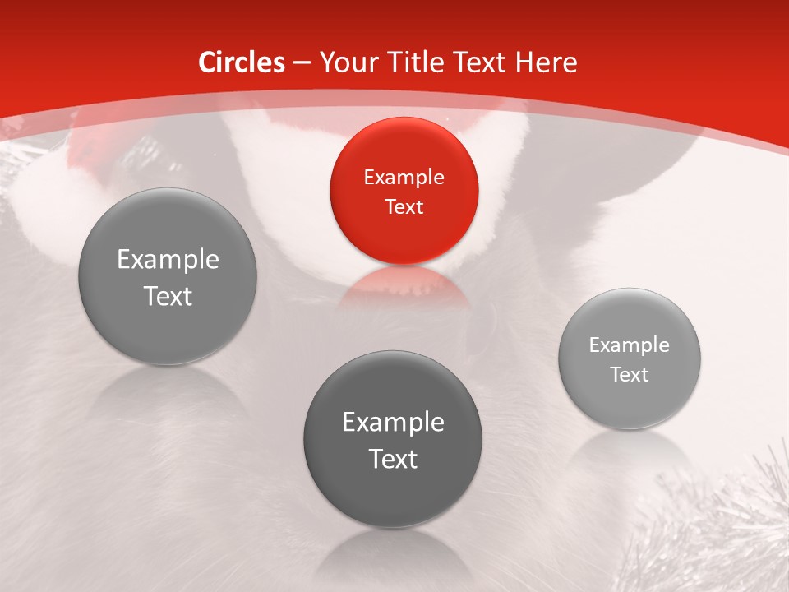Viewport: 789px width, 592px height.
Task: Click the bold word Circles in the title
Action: click(242, 62)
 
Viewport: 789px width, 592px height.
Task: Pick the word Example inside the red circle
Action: click(404, 177)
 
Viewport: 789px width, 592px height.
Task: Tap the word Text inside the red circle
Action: click(404, 206)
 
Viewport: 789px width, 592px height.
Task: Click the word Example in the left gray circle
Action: click(168, 260)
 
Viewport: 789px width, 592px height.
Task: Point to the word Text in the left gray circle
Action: click(168, 296)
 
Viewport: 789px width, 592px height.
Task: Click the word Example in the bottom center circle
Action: click(393, 423)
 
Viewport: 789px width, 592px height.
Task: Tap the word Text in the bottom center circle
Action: click(393, 459)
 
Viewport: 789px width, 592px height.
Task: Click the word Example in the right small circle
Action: click(630, 345)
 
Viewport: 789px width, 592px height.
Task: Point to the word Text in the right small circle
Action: click(630, 375)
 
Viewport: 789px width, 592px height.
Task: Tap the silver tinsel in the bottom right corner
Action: click(731, 526)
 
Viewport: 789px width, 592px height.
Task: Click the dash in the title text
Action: click(301, 62)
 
